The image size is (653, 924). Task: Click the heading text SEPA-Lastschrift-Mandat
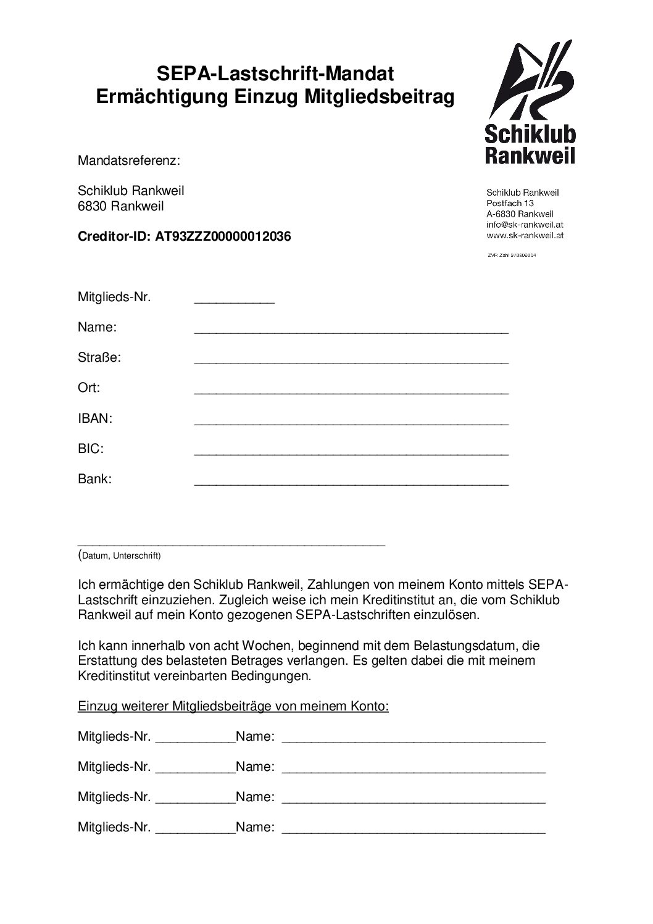[275, 75]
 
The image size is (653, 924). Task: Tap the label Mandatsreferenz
[129, 161]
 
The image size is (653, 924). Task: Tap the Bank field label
[94, 479]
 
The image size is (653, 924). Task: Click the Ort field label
[89, 388]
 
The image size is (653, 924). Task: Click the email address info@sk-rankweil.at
[524, 225]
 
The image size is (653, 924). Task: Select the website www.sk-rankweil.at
[525, 235]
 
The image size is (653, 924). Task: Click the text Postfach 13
[510, 203]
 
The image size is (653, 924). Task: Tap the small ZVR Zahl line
[512, 254]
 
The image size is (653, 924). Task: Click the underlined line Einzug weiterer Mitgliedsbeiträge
[233, 706]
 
